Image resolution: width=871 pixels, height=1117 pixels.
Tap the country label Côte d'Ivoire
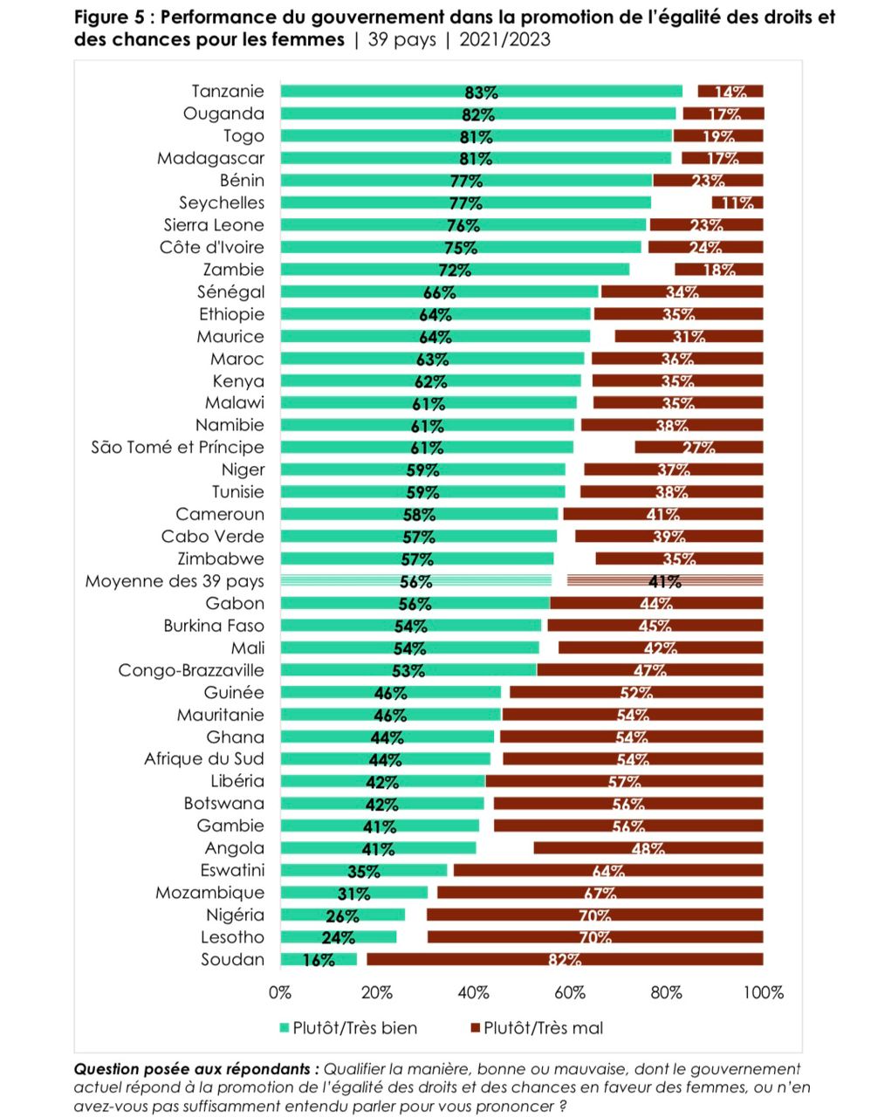[x=211, y=247]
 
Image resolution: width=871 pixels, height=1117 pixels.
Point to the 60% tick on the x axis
[x=570, y=992]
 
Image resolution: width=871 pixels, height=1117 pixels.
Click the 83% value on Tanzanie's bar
[x=481, y=93]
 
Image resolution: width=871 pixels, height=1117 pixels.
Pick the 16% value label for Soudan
[x=319, y=960]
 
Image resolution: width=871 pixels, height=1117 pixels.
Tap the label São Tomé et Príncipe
[x=177, y=448]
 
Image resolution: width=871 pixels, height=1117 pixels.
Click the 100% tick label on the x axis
[x=763, y=992]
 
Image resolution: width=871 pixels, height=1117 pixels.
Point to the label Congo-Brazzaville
[x=191, y=670]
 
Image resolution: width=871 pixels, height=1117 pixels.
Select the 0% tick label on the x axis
[x=280, y=992]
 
